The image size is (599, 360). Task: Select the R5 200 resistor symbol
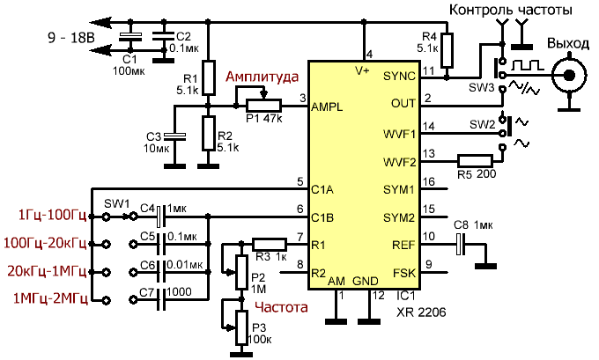(x=477, y=161)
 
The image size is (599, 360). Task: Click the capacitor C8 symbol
(x=459, y=244)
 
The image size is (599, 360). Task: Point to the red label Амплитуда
(x=262, y=77)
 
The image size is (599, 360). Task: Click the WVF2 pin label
(x=398, y=161)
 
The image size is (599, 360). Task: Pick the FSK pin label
(x=403, y=272)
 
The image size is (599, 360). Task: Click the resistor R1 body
(x=207, y=76)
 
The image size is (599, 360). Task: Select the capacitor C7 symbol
(x=160, y=299)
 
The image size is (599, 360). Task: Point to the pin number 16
(x=429, y=182)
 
